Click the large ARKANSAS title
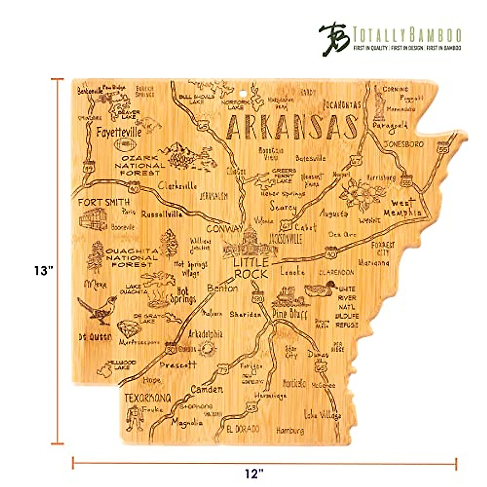pos(291,127)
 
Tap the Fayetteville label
pos(119,132)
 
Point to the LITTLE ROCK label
pos(251,268)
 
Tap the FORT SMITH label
pos(104,202)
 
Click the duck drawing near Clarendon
pos(321,289)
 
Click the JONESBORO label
pos(403,144)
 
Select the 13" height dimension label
pos(43,271)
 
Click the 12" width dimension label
pos(254,473)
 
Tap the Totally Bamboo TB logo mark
pos(334,39)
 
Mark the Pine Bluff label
pos(290,314)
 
